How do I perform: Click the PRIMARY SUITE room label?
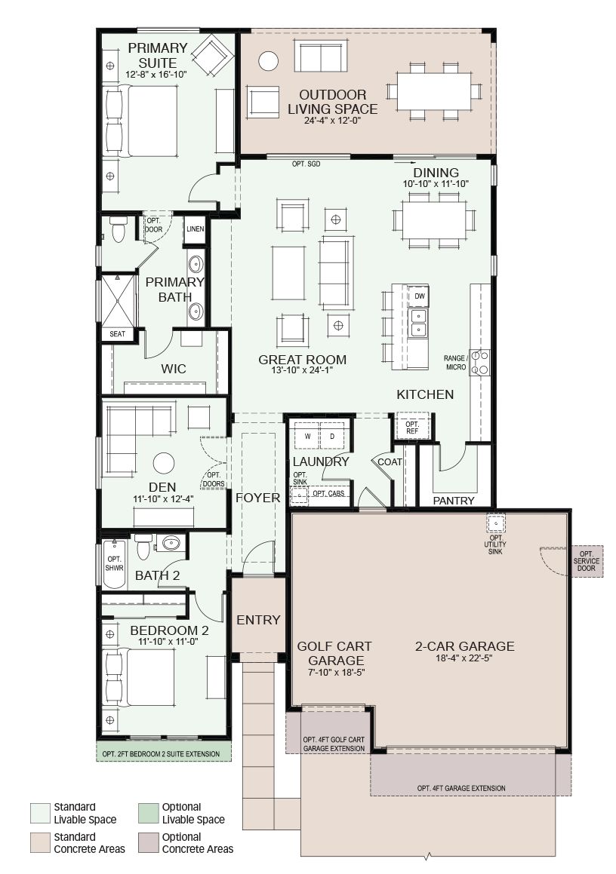157,55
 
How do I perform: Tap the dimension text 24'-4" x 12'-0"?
333,121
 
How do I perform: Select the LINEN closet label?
196,229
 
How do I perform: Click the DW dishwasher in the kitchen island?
420,296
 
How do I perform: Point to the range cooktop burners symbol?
479,362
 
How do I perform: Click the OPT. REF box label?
411,428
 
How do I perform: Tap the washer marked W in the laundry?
307,437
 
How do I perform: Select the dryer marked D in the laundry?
332,437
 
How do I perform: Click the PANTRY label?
454,501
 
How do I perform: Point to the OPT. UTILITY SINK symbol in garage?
495,523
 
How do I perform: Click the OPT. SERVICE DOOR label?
587,561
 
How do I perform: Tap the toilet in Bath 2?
144,546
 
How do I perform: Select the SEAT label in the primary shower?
118,334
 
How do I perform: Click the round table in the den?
164,463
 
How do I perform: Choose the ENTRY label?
258,620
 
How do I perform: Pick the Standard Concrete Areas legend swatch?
39,843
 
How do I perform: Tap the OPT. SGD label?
306,164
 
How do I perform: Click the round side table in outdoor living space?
269,61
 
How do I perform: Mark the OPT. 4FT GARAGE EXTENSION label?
461,788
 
